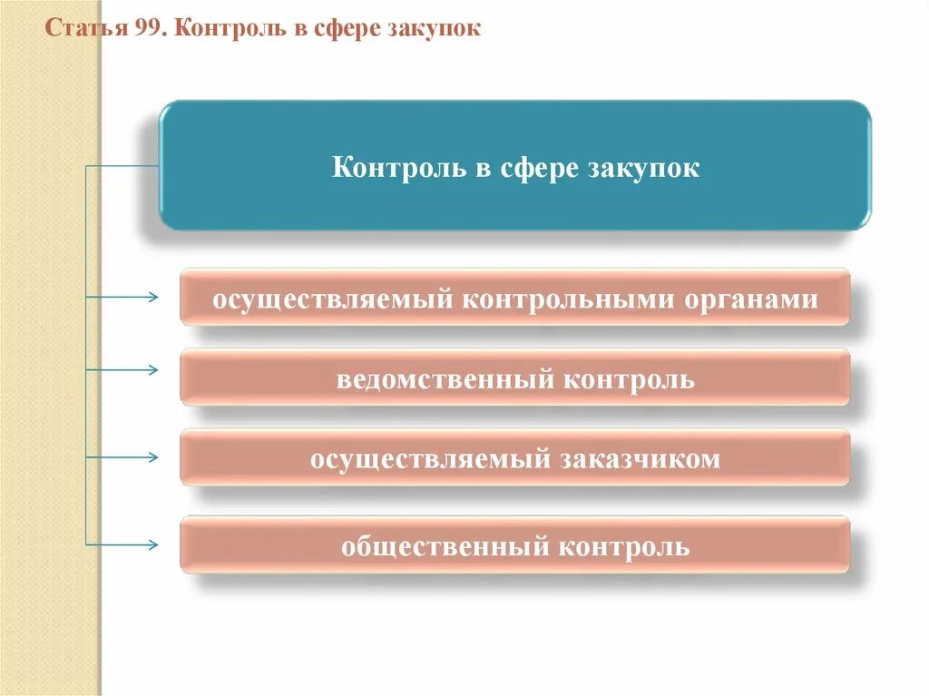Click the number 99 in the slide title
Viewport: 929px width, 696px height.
click(x=149, y=29)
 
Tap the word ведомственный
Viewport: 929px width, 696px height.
click(x=445, y=378)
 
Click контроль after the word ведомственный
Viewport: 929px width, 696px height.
click(x=629, y=378)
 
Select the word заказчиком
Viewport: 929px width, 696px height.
click(x=641, y=459)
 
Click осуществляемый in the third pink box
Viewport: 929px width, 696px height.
click(x=430, y=459)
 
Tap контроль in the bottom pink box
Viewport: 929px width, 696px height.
click(x=624, y=547)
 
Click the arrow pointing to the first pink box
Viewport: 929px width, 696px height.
click(x=145, y=297)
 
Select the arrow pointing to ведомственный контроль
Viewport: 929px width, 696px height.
click(x=145, y=370)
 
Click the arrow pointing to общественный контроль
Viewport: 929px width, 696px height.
click(x=145, y=544)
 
